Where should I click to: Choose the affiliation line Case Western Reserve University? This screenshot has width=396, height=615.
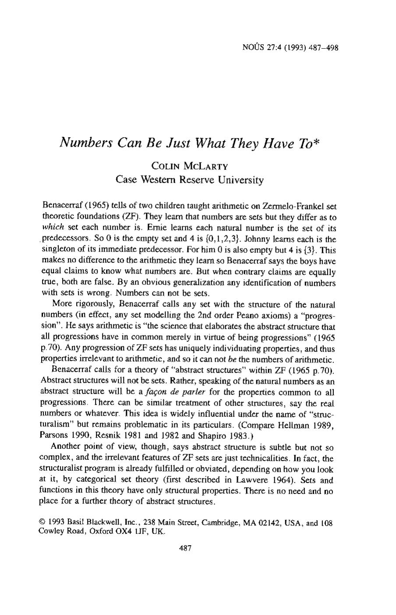[x=189, y=180]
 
